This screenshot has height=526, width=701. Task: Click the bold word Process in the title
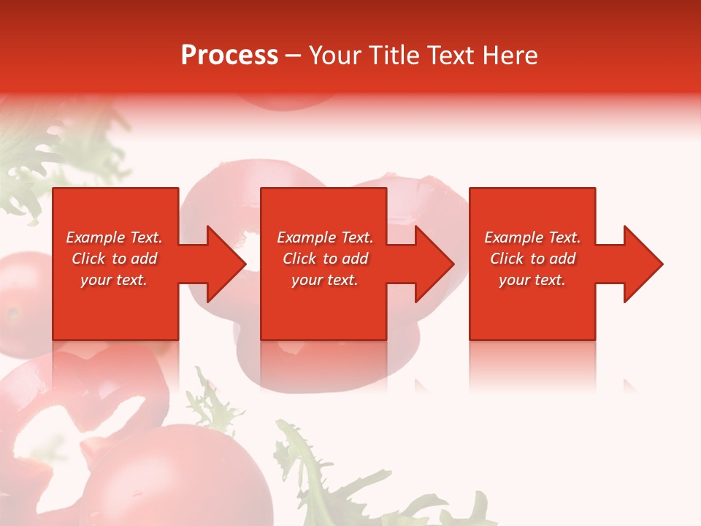click(229, 56)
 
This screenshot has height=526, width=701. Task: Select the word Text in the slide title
click(451, 56)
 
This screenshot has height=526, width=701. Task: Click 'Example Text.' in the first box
click(114, 237)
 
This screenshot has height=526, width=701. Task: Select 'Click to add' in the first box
click(114, 259)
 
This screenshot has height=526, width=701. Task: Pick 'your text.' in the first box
click(114, 280)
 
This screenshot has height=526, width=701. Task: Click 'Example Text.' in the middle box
click(324, 237)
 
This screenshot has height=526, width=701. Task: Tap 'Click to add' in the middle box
click(324, 259)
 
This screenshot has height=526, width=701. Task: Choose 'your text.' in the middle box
click(324, 280)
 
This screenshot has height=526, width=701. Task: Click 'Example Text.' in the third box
click(532, 237)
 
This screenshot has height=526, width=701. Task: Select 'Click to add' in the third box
click(532, 259)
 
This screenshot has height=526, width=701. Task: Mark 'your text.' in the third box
click(532, 280)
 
